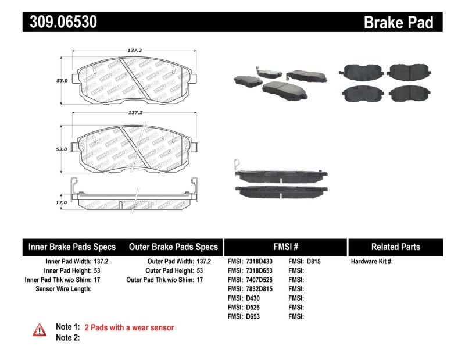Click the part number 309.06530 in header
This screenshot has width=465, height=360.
coord(60,22)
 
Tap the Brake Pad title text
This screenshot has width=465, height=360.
coord(398,23)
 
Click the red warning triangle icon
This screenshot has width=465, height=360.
coord(40,330)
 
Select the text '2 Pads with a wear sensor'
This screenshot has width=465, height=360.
coord(129,327)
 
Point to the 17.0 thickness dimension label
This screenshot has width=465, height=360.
coord(62,202)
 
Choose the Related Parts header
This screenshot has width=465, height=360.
coord(395,247)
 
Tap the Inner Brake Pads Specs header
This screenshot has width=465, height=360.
coord(72,247)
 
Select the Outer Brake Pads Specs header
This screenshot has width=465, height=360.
coord(173,247)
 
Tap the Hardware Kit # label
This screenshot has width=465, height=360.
coord(371,262)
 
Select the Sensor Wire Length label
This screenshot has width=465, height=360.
coord(63,288)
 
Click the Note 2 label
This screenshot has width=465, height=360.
coord(67,337)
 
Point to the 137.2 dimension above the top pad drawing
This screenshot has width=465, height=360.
coord(135,51)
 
